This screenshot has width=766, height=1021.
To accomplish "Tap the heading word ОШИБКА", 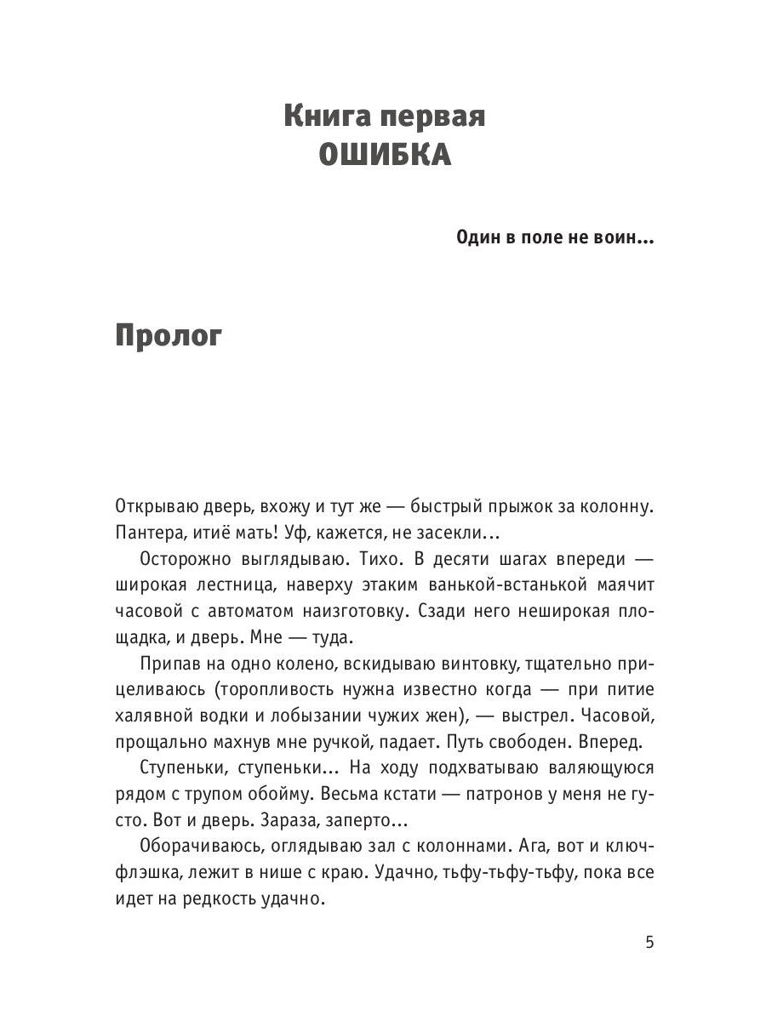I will click(x=384, y=156).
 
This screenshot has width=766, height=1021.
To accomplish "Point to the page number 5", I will click(x=649, y=942).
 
